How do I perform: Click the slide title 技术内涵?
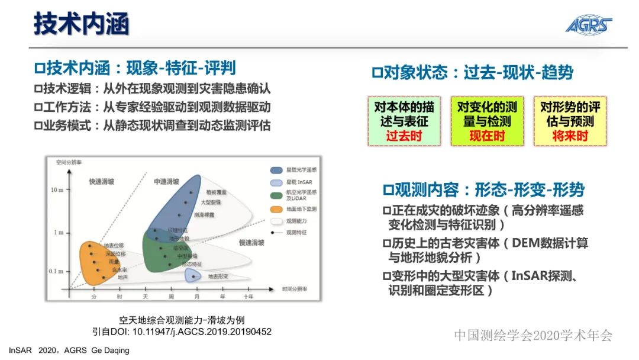(x=81, y=24)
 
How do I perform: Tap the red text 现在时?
(x=487, y=136)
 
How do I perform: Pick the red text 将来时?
(x=570, y=136)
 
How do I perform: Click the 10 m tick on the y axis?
(x=57, y=189)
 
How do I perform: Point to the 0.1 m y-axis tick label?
(x=56, y=271)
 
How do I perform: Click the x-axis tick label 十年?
(x=248, y=296)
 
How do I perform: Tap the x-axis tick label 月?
(x=197, y=296)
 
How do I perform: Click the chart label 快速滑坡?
(x=101, y=181)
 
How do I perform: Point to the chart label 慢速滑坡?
(x=251, y=243)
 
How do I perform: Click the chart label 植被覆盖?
(x=216, y=192)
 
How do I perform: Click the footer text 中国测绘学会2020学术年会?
(x=533, y=336)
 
